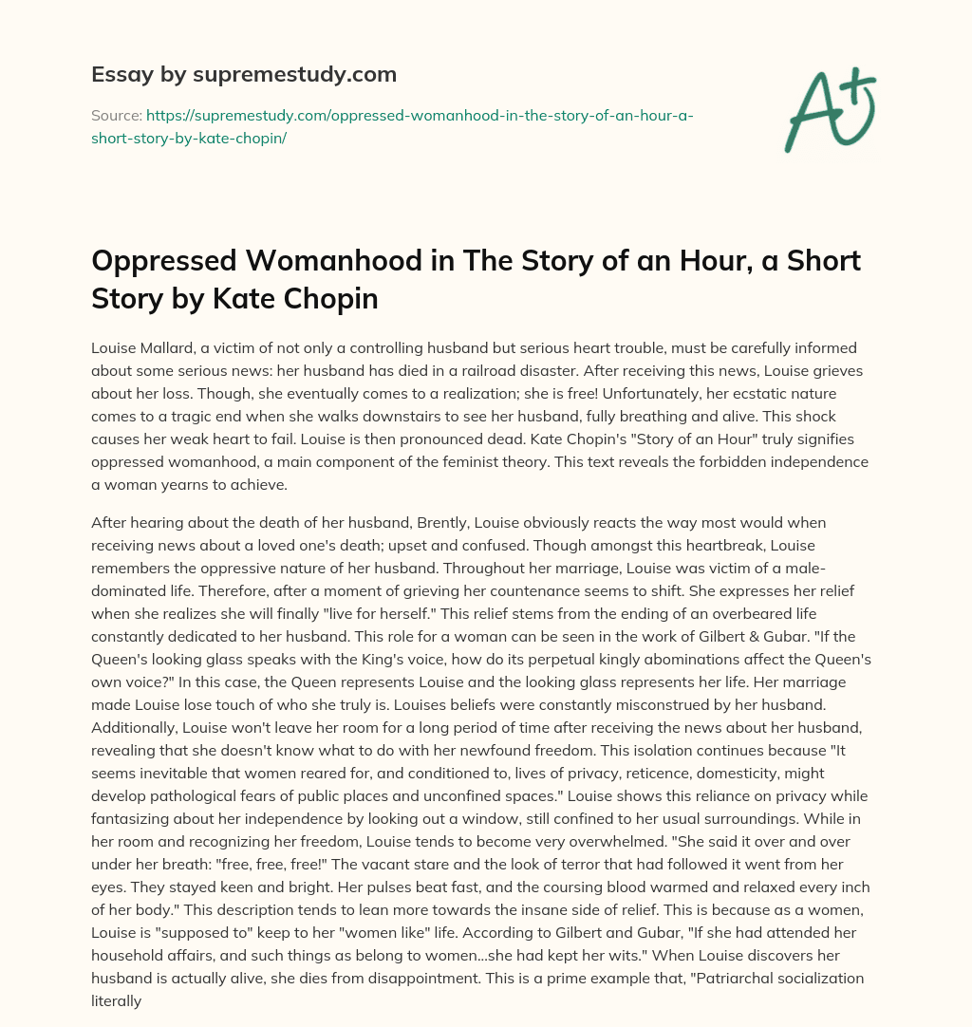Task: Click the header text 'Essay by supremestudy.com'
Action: [243, 74]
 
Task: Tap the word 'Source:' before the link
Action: [115, 115]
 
